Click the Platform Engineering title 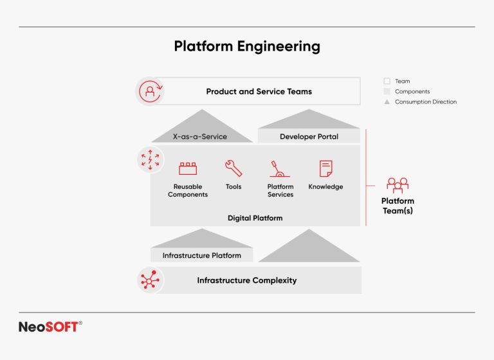pyautogui.click(x=247, y=46)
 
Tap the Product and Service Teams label pyautogui.click(x=259, y=91)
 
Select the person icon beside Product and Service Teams pyautogui.click(x=151, y=91)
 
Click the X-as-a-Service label pyautogui.click(x=199, y=136)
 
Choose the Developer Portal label pyautogui.click(x=309, y=136)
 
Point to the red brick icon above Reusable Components pyautogui.click(x=188, y=168)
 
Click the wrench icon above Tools pyautogui.click(x=233, y=168)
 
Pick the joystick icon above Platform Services pyautogui.click(x=280, y=168)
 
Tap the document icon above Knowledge pyautogui.click(x=325, y=168)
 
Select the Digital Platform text pyautogui.click(x=255, y=218)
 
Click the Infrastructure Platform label pyautogui.click(x=201, y=255)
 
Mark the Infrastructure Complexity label pyautogui.click(x=247, y=280)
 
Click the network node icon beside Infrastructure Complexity pyautogui.click(x=150, y=280)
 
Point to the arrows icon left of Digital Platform pyautogui.click(x=151, y=160)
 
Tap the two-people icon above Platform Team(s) pyautogui.click(x=398, y=185)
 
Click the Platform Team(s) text pyautogui.click(x=398, y=206)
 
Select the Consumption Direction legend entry pyautogui.click(x=425, y=102)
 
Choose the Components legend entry pyautogui.click(x=412, y=91)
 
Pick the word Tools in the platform pyautogui.click(x=233, y=187)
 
